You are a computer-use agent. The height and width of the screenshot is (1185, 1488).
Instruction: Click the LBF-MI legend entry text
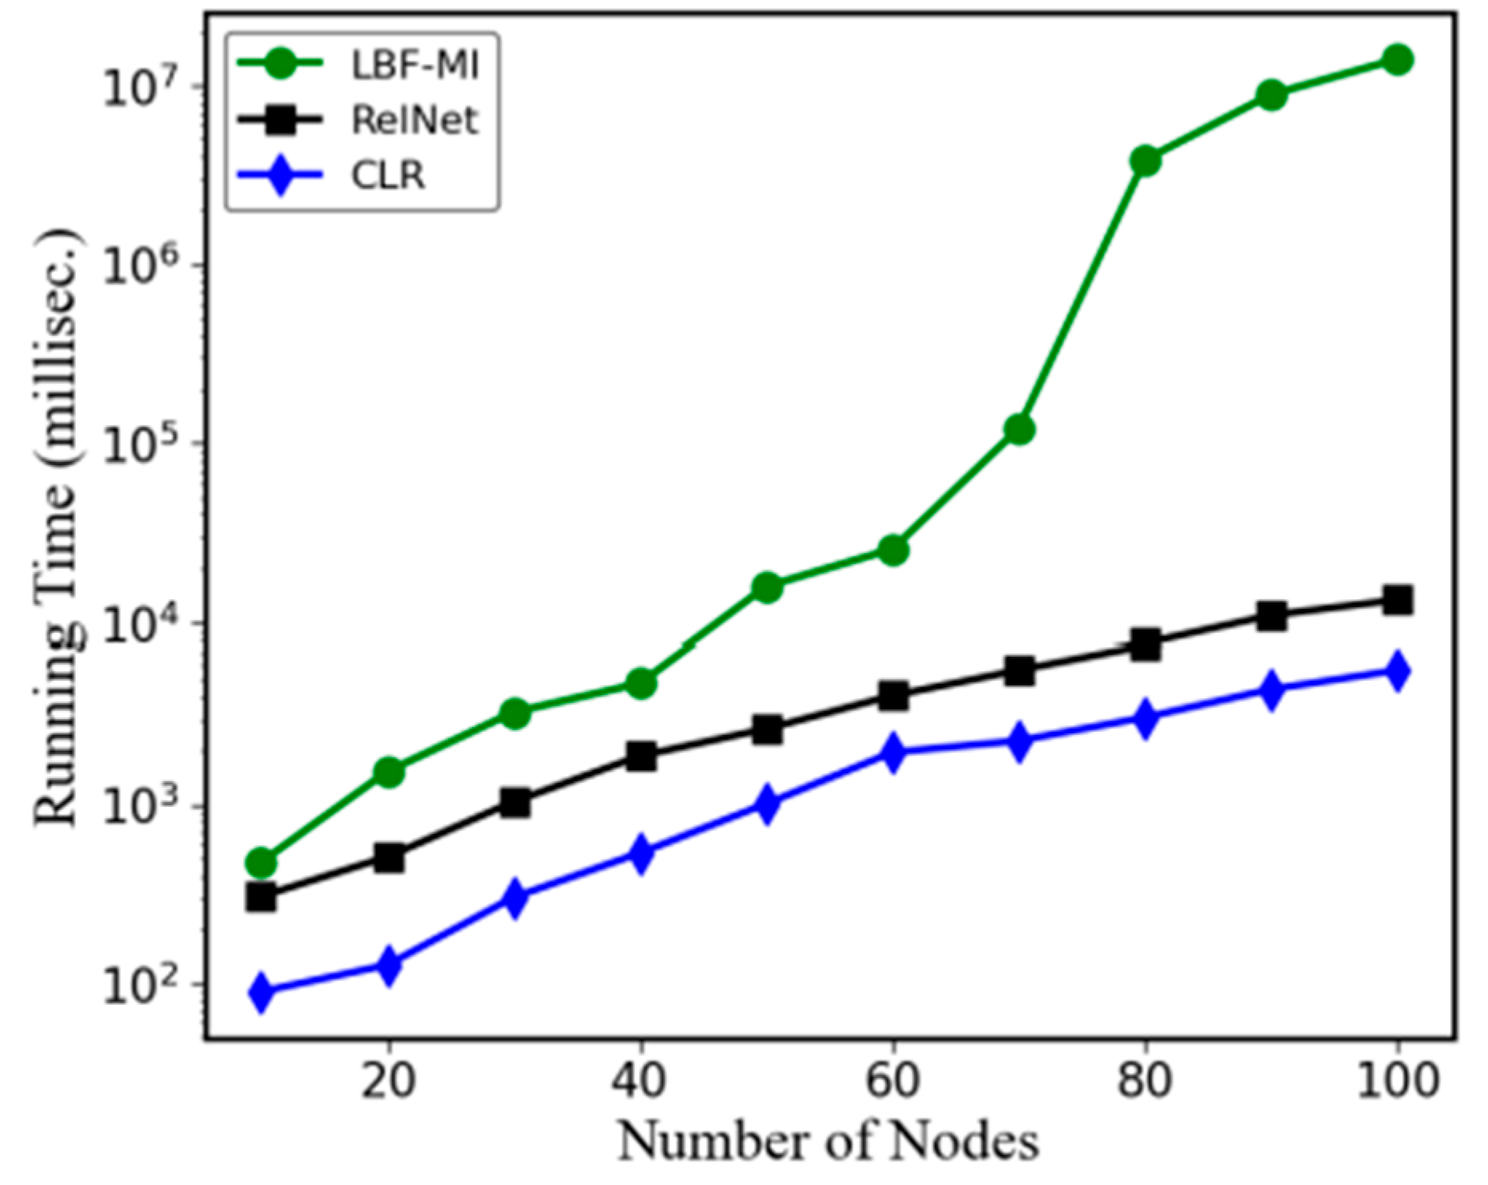click(x=414, y=65)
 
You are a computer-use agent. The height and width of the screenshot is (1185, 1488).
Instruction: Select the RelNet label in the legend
click(x=414, y=120)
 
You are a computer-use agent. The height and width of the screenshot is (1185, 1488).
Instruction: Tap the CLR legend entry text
click(x=388, y=175)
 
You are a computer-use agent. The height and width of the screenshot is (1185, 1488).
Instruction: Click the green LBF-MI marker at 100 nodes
click(x=1397, y=59)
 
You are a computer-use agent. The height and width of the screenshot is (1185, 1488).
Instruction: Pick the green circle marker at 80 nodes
click(x=1145, y=160)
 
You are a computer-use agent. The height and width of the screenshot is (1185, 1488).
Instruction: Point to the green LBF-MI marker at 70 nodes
click(x=1019, y=430)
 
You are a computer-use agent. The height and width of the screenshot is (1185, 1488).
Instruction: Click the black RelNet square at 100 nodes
click(x=1397, y=600)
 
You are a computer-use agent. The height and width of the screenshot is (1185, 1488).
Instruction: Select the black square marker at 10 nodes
click(x=261, y=897)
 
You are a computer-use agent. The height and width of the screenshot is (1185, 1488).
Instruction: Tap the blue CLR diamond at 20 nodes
click(x=388, y=966)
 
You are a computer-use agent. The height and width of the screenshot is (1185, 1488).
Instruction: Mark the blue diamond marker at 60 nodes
click(x=893, y=752)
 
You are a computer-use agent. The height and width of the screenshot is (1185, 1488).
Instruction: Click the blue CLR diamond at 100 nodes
click(x=1397, y=670)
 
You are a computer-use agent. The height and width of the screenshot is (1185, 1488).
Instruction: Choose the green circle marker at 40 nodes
click(x=641, y=683)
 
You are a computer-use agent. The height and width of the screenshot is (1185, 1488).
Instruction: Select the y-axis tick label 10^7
click(x=136, y=85)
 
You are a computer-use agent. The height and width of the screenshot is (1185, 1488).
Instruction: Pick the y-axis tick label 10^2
click(x=136, y=987)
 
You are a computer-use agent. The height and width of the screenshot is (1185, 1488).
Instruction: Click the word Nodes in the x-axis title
click(x=964, y=1141)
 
